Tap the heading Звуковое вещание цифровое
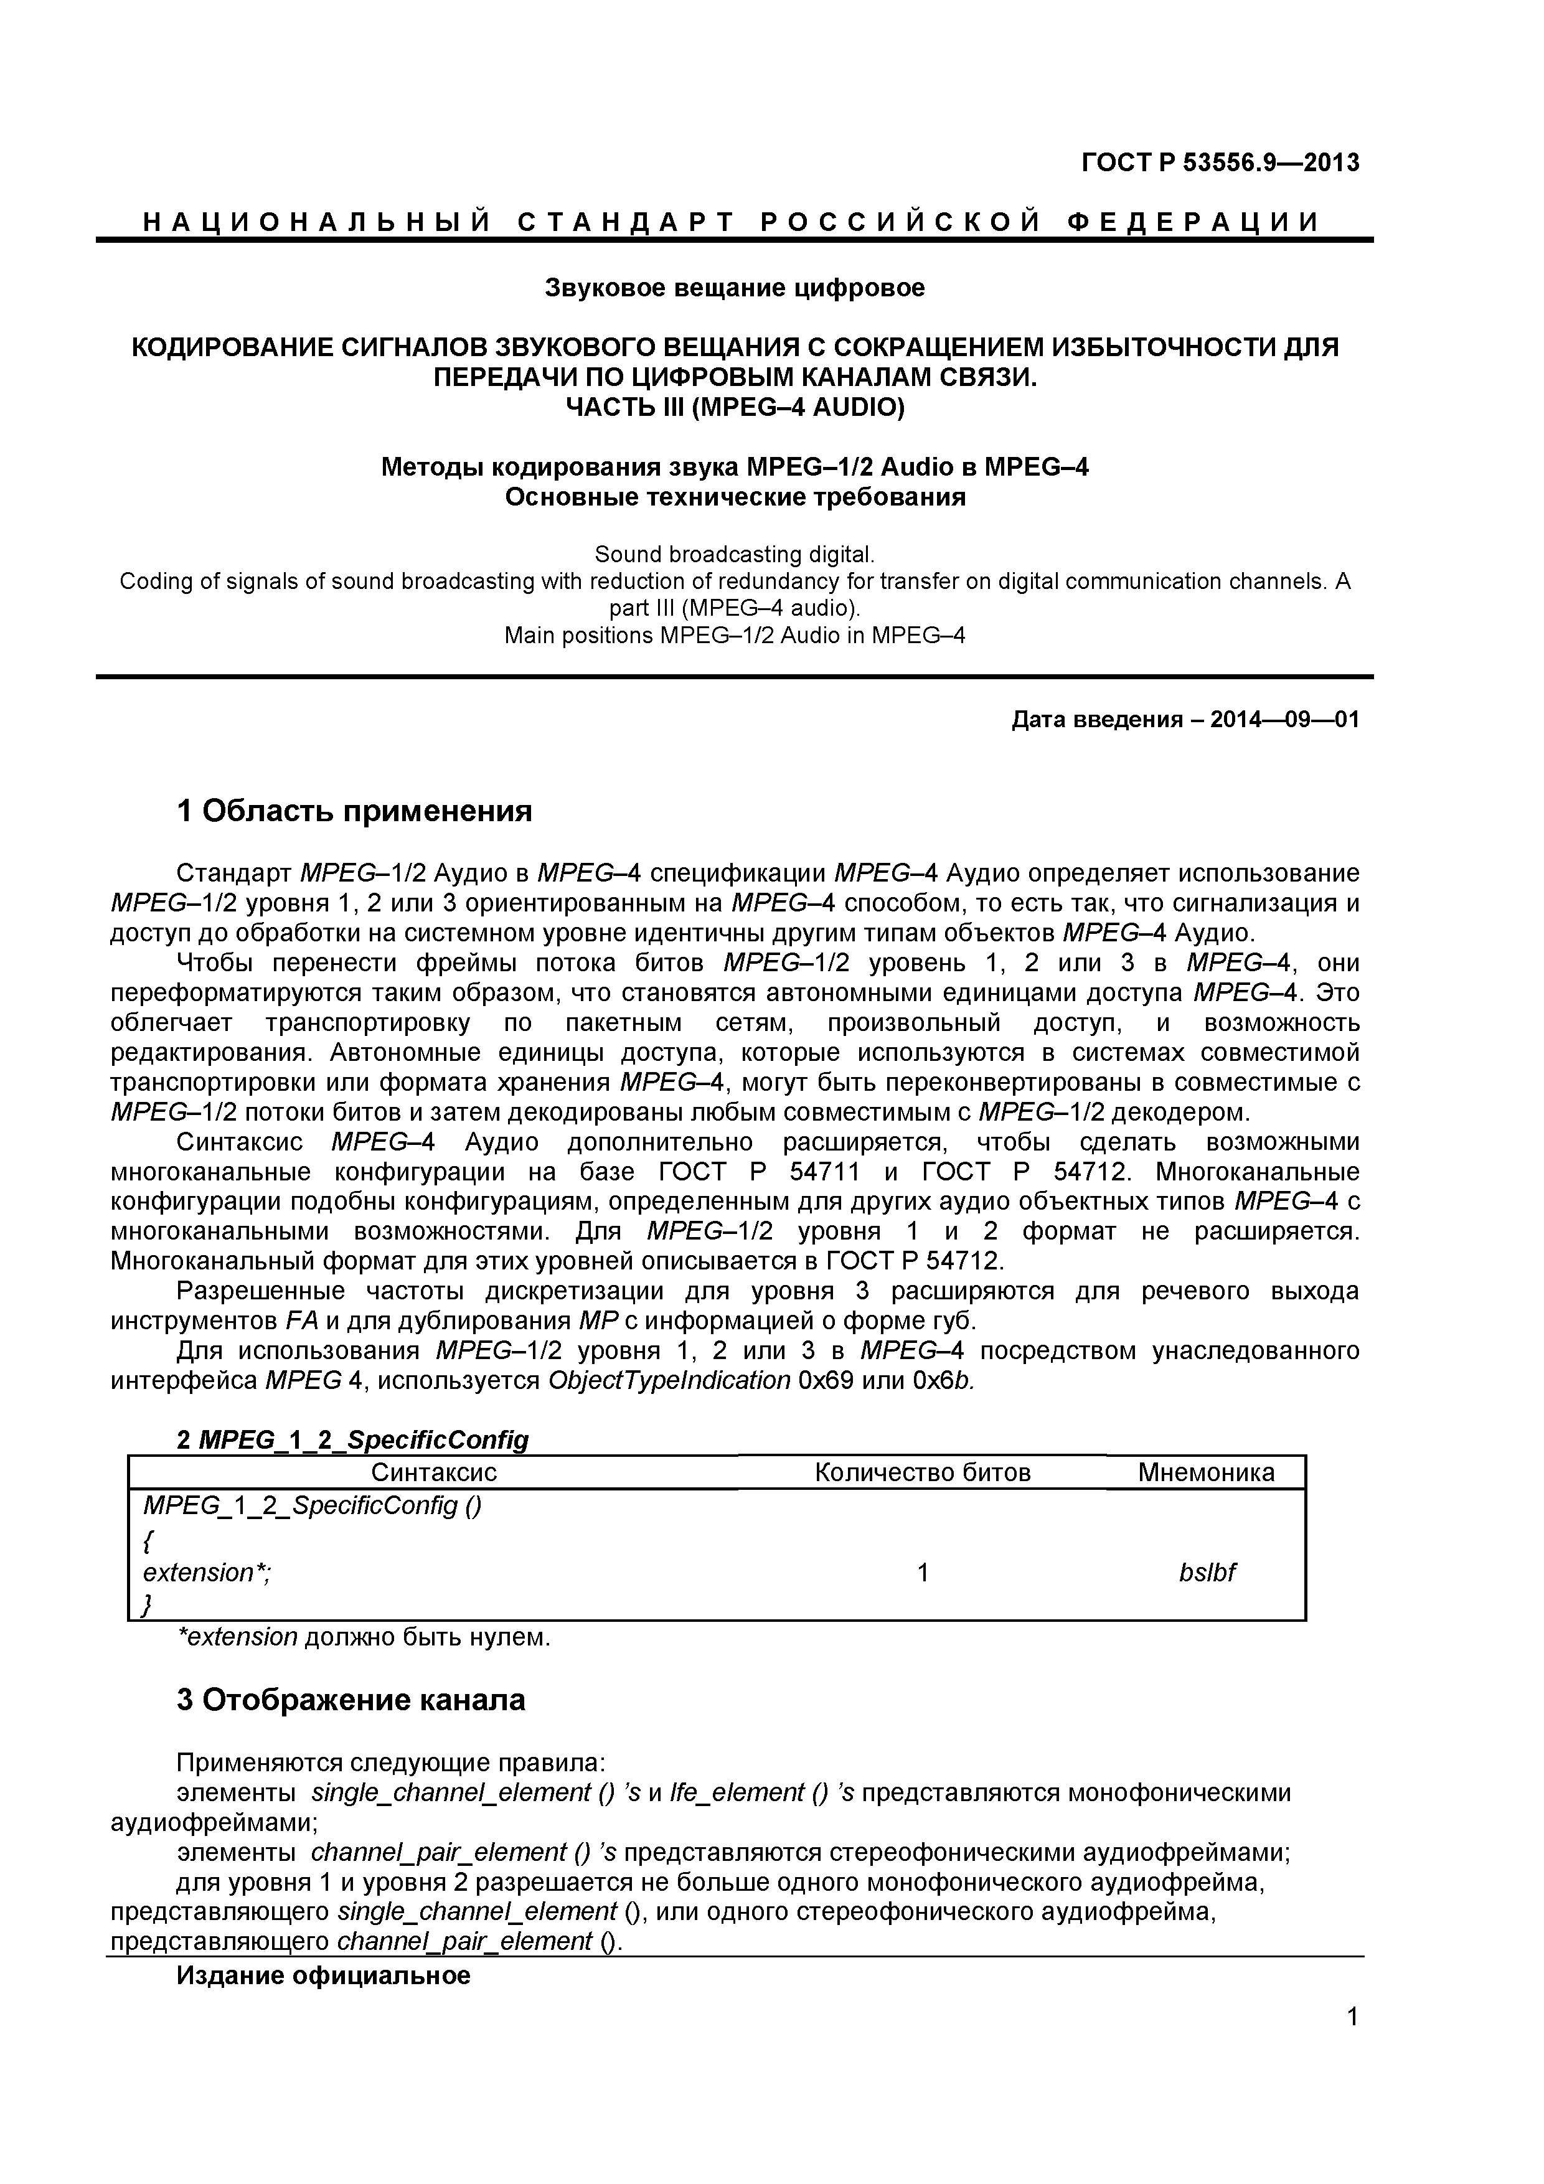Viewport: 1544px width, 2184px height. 735,287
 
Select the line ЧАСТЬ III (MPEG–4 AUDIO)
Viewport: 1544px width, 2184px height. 735,407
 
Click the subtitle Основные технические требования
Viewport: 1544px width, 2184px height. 735,497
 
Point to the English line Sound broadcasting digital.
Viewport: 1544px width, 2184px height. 735,553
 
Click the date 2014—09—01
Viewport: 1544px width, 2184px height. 1284,719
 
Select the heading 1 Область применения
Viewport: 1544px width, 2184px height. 354,811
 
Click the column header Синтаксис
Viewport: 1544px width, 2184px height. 434,1472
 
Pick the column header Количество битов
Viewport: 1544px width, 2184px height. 922,1472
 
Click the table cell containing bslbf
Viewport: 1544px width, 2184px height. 1207,1573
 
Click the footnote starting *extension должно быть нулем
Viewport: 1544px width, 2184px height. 364,1637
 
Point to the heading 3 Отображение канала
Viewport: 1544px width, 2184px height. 350,1700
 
